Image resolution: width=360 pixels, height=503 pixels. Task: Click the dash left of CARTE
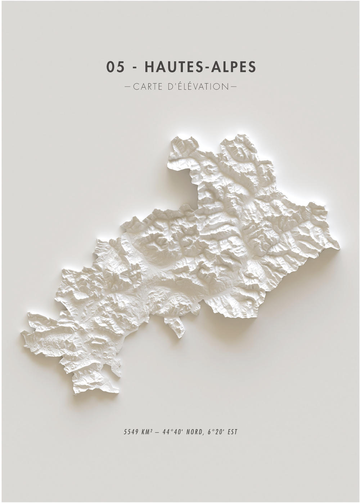tap(127, 87)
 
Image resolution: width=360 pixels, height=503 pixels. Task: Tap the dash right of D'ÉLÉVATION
tap(233, 87)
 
